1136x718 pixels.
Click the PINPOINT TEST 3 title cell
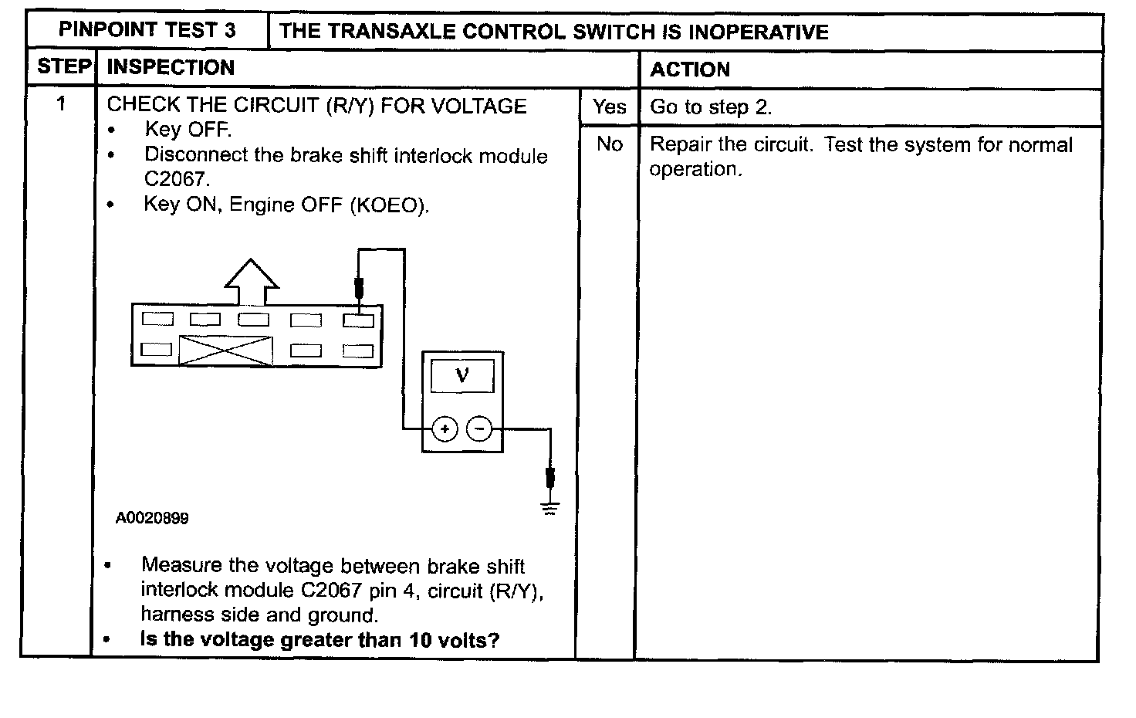point(147,31)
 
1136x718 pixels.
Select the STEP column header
point(64,67)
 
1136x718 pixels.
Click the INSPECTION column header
point(171,68)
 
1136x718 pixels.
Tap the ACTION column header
point(690,69)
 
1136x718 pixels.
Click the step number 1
point(62,103)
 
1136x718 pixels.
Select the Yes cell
point(609,107)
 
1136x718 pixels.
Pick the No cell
point(609,144)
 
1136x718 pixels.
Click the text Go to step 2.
point(711,107)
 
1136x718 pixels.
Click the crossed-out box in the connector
point(225,351)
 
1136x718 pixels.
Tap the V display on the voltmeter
point(462,376)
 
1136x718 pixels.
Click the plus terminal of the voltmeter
point(445,428)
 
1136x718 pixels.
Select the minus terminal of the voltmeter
point(479,428)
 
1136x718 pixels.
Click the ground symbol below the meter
point(549,508)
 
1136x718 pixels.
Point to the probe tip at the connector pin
point(359,291)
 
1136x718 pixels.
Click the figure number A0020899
point(152,518)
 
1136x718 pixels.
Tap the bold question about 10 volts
point(319,640)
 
